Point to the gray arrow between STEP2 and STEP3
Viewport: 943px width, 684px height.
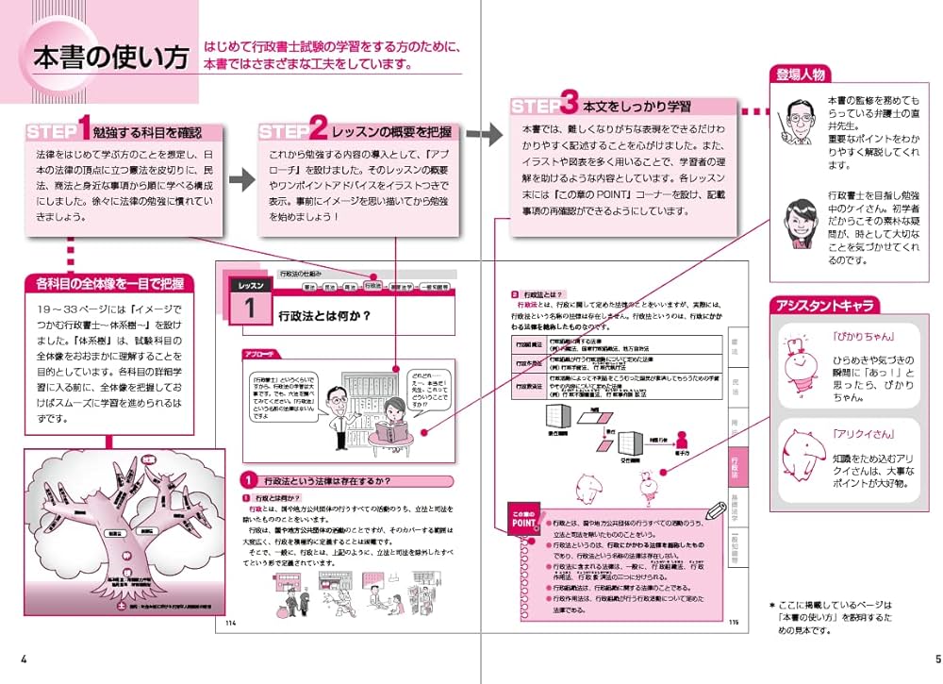pyautogui.click(x=485, y=134)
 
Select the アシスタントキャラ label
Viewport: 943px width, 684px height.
pyautogui.click(x=823, y=306)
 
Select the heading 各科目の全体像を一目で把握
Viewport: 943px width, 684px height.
pyautogui.click(x=110, y=283)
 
